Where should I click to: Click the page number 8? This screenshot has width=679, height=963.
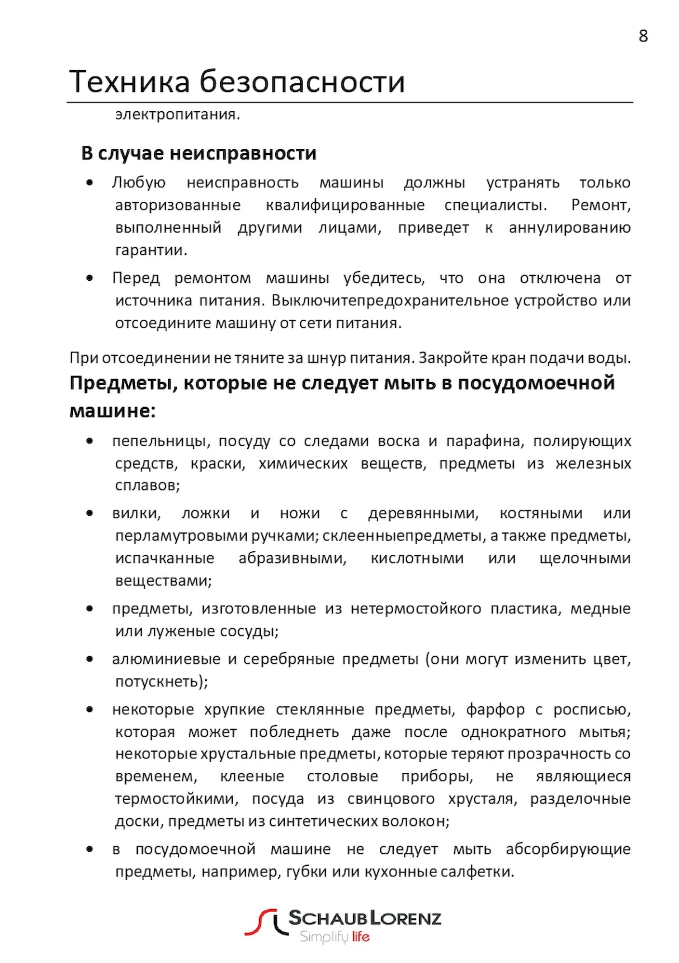pyautogui.click(x=643, y=36)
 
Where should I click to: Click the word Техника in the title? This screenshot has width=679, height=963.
pyautogui.click(x=130, y=81)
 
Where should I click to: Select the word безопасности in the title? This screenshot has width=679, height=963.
pyautogui.click(x=302, y=81)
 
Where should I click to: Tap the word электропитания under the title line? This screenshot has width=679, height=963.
pyautogui.click(x=177, y=115)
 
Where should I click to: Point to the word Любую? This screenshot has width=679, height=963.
pyautogui.click(x=139, y=183)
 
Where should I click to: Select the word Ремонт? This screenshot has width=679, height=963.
pyautogui.click(x=600, y=205)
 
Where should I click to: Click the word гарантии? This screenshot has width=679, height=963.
pyautogui.click(x=151, y=250)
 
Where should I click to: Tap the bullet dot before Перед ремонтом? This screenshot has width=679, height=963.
pyautogui.click(x=89, y=278)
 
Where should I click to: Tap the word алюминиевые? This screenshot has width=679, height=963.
pyautogui.click(x=166, y=659)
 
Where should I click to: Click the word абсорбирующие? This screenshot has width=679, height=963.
pyautogui.click(x=568, y=849)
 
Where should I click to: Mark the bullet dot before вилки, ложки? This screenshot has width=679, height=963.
pyautogui.click(x=89, y=513)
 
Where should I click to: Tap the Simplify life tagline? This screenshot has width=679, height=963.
pyautogui.click(x=334, y=937)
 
